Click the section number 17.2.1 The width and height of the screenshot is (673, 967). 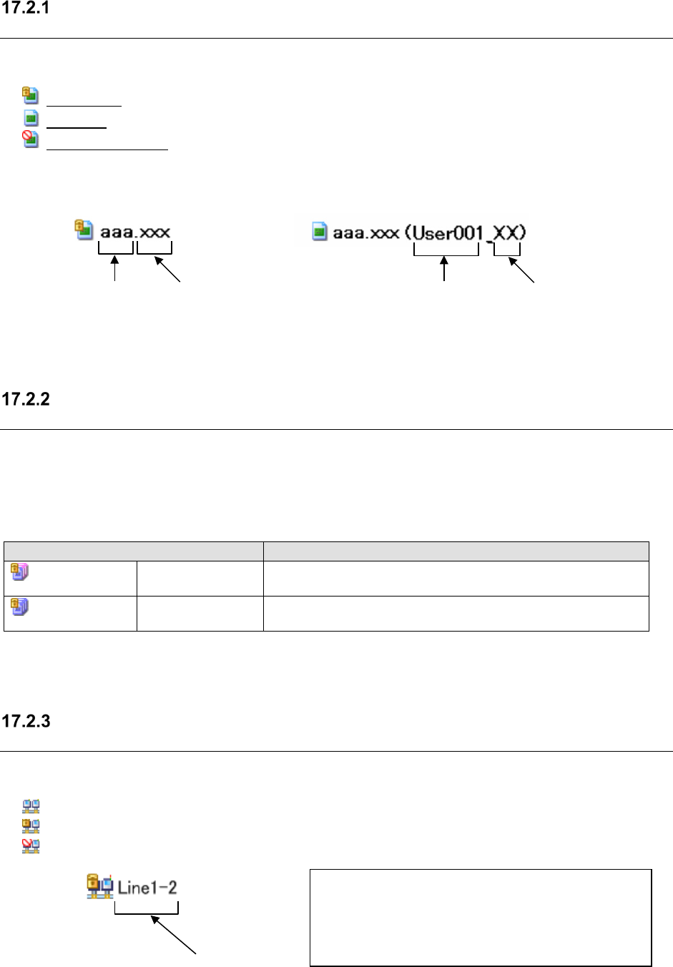point(26,9)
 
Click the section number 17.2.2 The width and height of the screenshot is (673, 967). point(26,399)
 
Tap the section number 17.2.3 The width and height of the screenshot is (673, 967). point(26,721)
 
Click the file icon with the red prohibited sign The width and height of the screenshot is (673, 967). point(30,139)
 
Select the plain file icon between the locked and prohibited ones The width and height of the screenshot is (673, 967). point(31,118)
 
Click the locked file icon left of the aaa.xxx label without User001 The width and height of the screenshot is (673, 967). point(84,229)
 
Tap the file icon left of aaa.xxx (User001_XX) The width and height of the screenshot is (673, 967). point(320,231)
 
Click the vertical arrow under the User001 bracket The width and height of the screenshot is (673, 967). point(445,270)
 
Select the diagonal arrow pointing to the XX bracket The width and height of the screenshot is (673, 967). point(521,270)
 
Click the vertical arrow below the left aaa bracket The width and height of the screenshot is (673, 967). point(115,270)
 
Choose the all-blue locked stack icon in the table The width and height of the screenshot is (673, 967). point(19,607)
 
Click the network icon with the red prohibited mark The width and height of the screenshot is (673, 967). point(31,846)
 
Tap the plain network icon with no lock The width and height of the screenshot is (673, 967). point(31,807)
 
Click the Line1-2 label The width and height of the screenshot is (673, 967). point(147,888)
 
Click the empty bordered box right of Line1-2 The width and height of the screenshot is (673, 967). point(481,918)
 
